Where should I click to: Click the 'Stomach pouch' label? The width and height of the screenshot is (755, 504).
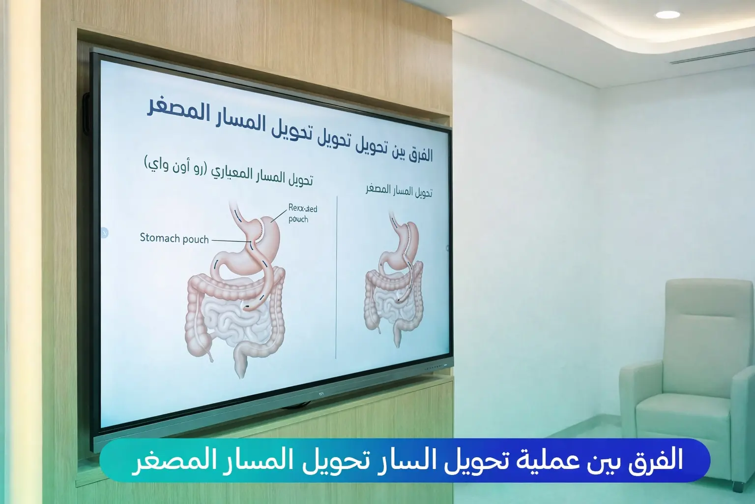click(174, 239)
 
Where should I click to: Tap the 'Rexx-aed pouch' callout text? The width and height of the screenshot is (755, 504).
click(302, 213)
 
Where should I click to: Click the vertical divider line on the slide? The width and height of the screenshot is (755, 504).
click(337, 276)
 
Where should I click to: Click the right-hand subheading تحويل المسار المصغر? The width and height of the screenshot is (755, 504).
click(399, 190)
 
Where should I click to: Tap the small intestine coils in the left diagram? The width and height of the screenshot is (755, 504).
click(231, 320)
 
